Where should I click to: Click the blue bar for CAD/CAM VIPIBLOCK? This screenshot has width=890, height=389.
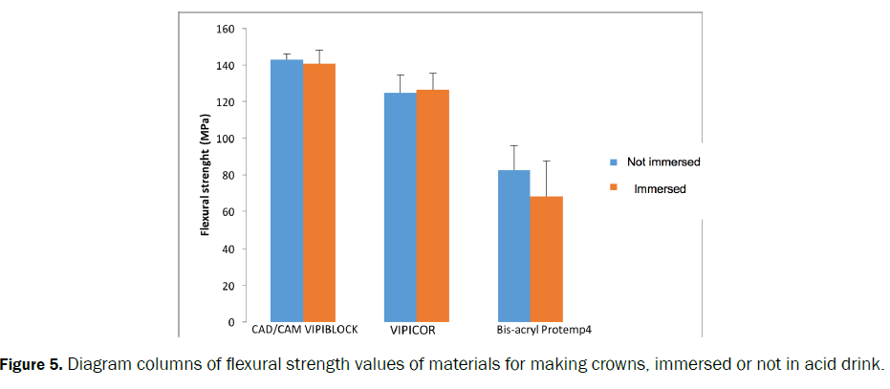[x=287, y=191]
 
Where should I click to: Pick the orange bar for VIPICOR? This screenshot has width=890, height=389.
[x=433, y=206]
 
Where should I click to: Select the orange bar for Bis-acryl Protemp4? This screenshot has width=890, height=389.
[x=547, y=259]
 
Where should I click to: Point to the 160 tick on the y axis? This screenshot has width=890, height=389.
[x=224, y=29]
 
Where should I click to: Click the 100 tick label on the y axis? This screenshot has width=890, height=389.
[x=224, y=139]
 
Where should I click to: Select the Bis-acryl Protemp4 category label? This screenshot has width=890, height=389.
[x=538, y=330]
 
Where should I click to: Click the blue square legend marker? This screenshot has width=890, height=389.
[x=615, y=162]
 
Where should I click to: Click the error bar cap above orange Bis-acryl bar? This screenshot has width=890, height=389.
[x=547, y=161]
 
